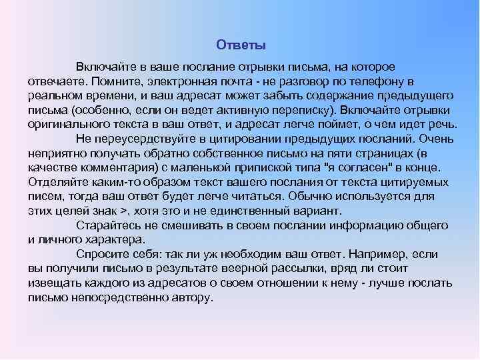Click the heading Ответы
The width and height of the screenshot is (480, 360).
241,45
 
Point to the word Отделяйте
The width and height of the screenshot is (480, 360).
54,183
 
